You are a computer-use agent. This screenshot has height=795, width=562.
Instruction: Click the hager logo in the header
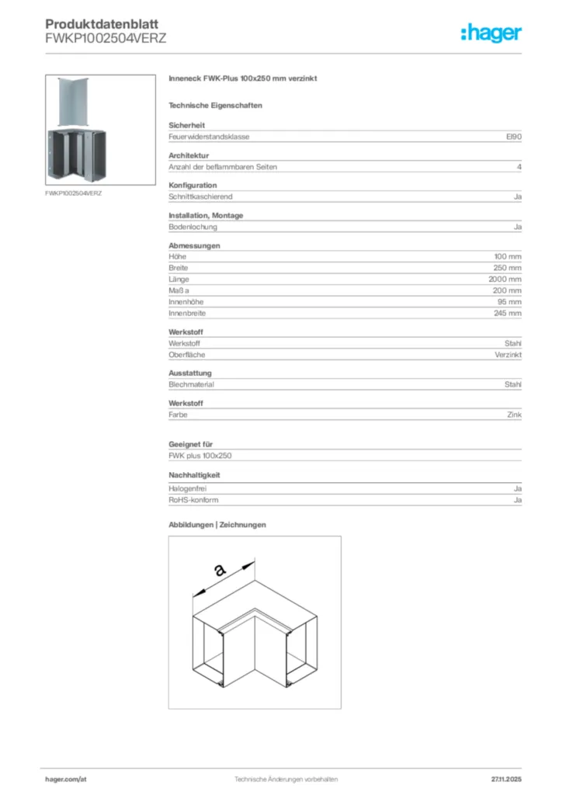click(x=491, y=33)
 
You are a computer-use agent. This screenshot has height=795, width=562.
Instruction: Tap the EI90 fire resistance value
click(x=513, y=137)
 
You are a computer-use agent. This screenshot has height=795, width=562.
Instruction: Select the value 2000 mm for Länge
click(x=506, y=279)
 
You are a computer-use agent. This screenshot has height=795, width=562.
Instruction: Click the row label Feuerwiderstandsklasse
click(x=209, y=137)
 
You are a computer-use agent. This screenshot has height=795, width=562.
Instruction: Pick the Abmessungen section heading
click(x=194, y=245)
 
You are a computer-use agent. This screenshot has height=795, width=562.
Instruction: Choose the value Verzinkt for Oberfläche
click(x=508, y=354)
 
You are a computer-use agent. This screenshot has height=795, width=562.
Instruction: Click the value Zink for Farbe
click(x=513, y=415)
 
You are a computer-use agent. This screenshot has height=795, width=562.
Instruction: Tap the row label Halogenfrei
click(x=187, y=489)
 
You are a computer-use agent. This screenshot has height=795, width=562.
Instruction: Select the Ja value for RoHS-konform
click(x=517, y=501)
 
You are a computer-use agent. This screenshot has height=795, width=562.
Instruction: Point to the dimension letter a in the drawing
click(x=220, y=571)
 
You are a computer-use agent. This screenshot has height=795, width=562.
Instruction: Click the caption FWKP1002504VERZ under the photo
click(x=74, y=192)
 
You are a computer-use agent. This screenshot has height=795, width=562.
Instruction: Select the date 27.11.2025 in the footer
click(x=506, y=779)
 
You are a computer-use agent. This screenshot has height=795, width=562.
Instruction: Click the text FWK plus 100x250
click(x=200, y=456)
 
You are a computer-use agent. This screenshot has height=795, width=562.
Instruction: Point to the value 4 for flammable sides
click(x=519, y=167)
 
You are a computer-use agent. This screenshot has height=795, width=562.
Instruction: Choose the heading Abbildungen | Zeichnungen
click(x=217, y=525)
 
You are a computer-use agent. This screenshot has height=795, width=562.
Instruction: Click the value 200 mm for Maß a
click(x=508, y=290)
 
